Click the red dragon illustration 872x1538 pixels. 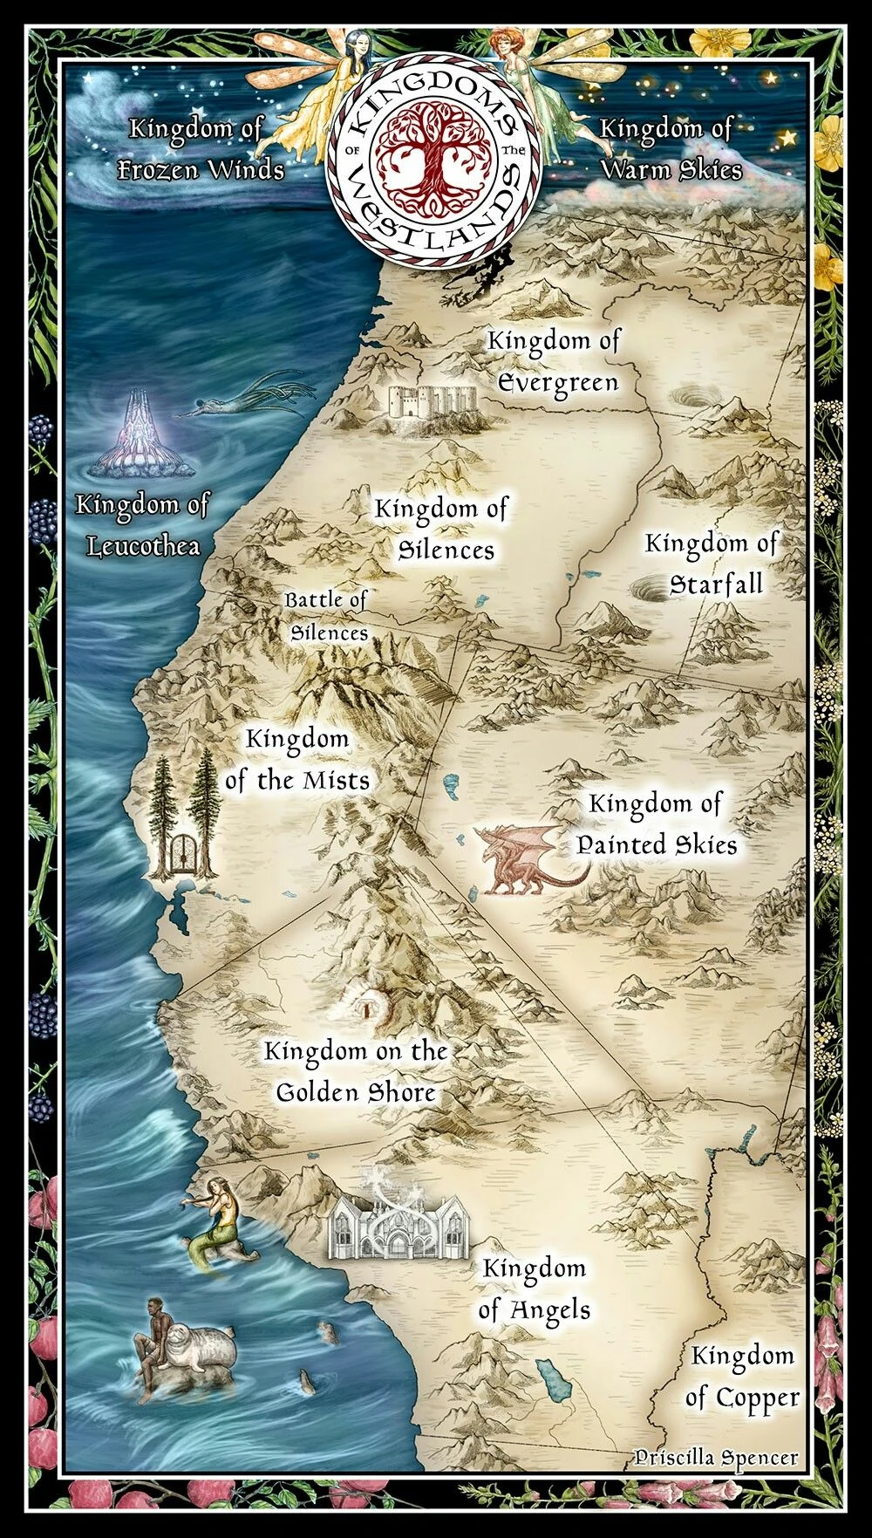tap(521, 860)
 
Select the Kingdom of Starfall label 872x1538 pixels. tap(711, 564)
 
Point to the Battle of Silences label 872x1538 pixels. tap(328, 616)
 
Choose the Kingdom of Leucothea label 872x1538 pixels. tap(143, 524)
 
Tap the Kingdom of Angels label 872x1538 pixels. tap(534, 1289)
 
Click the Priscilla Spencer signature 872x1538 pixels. tap(716, 1457)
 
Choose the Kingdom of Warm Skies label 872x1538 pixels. tap(669, 148)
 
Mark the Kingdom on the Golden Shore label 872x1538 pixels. tap(356, 1071)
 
